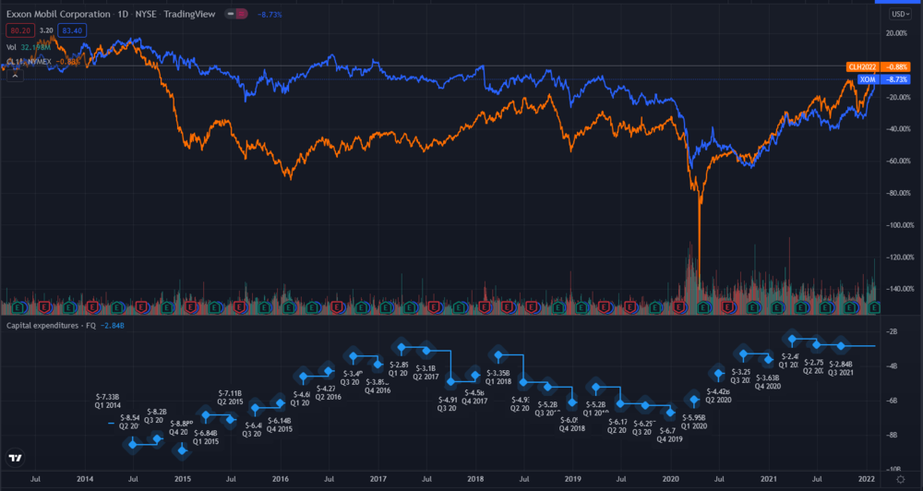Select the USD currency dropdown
click(898, 15)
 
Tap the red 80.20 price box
click(19, 30)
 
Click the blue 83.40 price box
click(70, 30)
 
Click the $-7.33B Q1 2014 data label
click(109, 401)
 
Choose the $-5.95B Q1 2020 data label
click(693, 422)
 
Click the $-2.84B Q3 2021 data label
click(839, 368)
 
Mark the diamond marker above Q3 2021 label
click(841, 346)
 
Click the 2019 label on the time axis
click(573, 480)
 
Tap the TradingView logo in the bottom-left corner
click(16, 458)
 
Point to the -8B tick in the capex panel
click(893, 435)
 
